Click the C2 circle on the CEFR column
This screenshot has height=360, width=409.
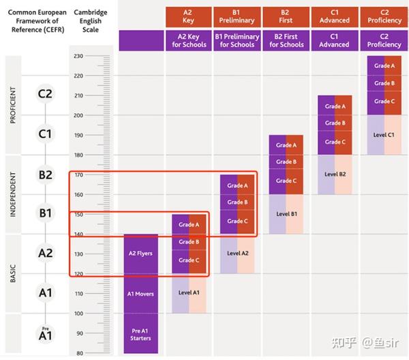pos(45,94)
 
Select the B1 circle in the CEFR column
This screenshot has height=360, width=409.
pos(45,213)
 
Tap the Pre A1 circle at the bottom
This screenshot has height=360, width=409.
pos(45,334)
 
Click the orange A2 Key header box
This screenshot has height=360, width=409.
pos(188,16)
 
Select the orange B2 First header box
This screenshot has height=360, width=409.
pos(286,16)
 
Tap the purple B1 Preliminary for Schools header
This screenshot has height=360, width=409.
pos(237,40)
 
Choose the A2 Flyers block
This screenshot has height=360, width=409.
pos(140,254)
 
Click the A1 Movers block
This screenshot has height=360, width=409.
pos(140,294)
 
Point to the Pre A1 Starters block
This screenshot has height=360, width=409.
pos(140,334)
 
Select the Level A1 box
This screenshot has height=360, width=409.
pos(189,293)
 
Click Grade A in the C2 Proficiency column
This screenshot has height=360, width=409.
pos(384,65)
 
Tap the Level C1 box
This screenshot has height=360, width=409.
pos(384,134)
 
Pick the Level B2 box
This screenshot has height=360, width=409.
pos(335,174)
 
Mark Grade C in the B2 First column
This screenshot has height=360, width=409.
pos(286,181)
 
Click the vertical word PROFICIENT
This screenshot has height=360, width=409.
pos(13,104)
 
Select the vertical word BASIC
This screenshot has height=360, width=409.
pos(13,273)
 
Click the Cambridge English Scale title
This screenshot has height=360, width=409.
pos(91,20)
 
